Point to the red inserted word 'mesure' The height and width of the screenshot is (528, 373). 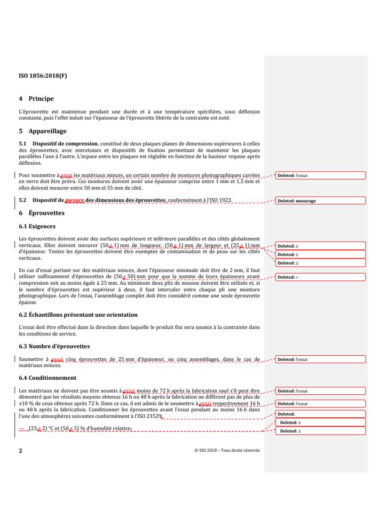75,200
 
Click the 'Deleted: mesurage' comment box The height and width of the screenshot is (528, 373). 321,200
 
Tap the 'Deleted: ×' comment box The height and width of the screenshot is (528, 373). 321,277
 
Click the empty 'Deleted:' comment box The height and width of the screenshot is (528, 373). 321,415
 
